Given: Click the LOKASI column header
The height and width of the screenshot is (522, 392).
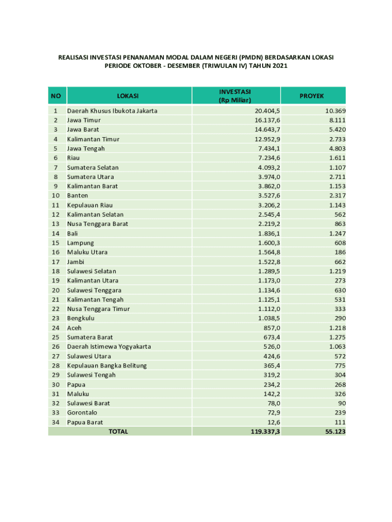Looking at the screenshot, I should coord(128,96).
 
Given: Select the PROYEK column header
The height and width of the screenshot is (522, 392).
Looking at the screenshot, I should coord(312,96).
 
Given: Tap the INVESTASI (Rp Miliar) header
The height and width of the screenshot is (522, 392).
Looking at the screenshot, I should coord(235,96).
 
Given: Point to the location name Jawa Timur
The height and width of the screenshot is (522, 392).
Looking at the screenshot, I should coord(84,120).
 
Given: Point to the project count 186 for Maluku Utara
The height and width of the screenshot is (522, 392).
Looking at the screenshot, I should coord(340,252).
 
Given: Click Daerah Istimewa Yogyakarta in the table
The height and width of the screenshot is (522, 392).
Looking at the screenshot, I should coord(109,347).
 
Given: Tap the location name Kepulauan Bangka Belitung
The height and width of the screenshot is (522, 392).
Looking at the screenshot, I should coord(107,366).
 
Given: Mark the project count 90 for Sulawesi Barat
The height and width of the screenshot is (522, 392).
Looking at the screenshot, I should coord(342,403).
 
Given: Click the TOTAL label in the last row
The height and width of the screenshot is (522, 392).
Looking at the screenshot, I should coord(118,432).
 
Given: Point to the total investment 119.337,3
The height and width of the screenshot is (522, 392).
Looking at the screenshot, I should coord(262,432).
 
